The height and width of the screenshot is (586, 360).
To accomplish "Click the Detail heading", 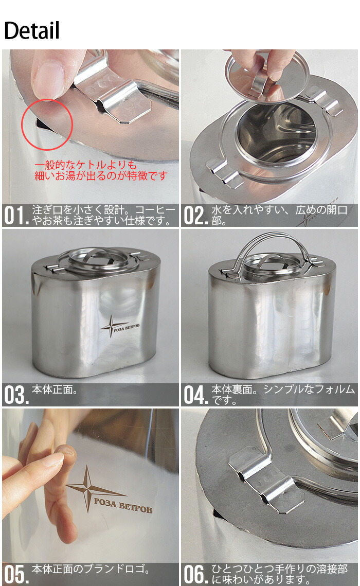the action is pyautogui.click(x=32, y=30).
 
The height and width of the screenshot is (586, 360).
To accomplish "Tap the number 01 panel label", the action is pyautogui.click(x=16, y=215).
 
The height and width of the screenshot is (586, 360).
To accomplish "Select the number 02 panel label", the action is pyautogui.click(x=195, y=215).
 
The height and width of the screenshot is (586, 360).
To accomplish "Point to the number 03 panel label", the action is pyautogui.click(x=16, y=395).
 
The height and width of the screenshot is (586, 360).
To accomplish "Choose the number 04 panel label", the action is pyautogui.click(x=195, y=395).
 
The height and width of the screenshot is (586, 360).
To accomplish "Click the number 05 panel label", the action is pyautogui.click(x=16, y=574).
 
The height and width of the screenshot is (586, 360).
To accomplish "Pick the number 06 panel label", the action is pyautogui.click(x=195, y=574).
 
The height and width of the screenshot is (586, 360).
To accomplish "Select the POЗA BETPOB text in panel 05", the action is pyautogui.click(x=123, y=505).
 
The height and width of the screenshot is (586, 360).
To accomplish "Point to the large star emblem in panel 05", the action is pyautogui.click(x=88, y=488).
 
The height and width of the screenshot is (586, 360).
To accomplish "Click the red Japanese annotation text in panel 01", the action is pyautogui.click(x=100, y=170).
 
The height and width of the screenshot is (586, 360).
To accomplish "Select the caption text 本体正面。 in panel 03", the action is pyautogui.click(x=55, y=390).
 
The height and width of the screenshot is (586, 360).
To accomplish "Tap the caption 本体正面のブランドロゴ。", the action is pyautogui.click(x=91, y=569).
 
